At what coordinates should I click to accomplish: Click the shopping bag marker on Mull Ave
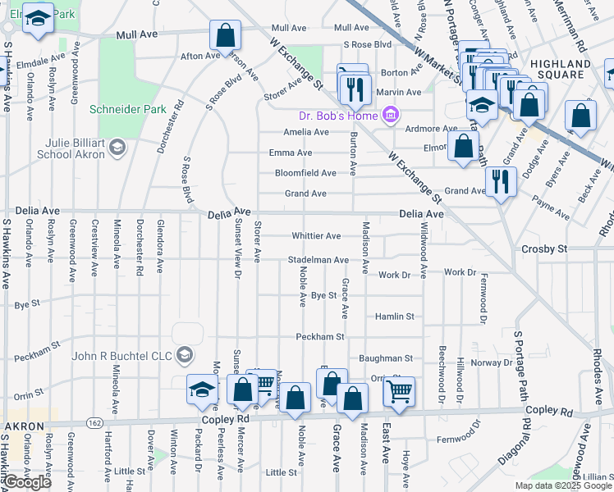[x=225, y=37]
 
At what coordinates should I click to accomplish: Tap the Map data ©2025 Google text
[x=562, y=485]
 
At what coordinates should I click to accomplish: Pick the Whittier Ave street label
[x=316, y=236]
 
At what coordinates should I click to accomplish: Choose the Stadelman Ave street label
[x=318, y=260]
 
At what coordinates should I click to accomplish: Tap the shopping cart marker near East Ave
[x=399, y=392]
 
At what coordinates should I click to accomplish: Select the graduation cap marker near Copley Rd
[x=201, y=390]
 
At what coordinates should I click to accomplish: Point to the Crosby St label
[x=544, y=248]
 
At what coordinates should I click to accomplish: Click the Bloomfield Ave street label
[x=305, y=174]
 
